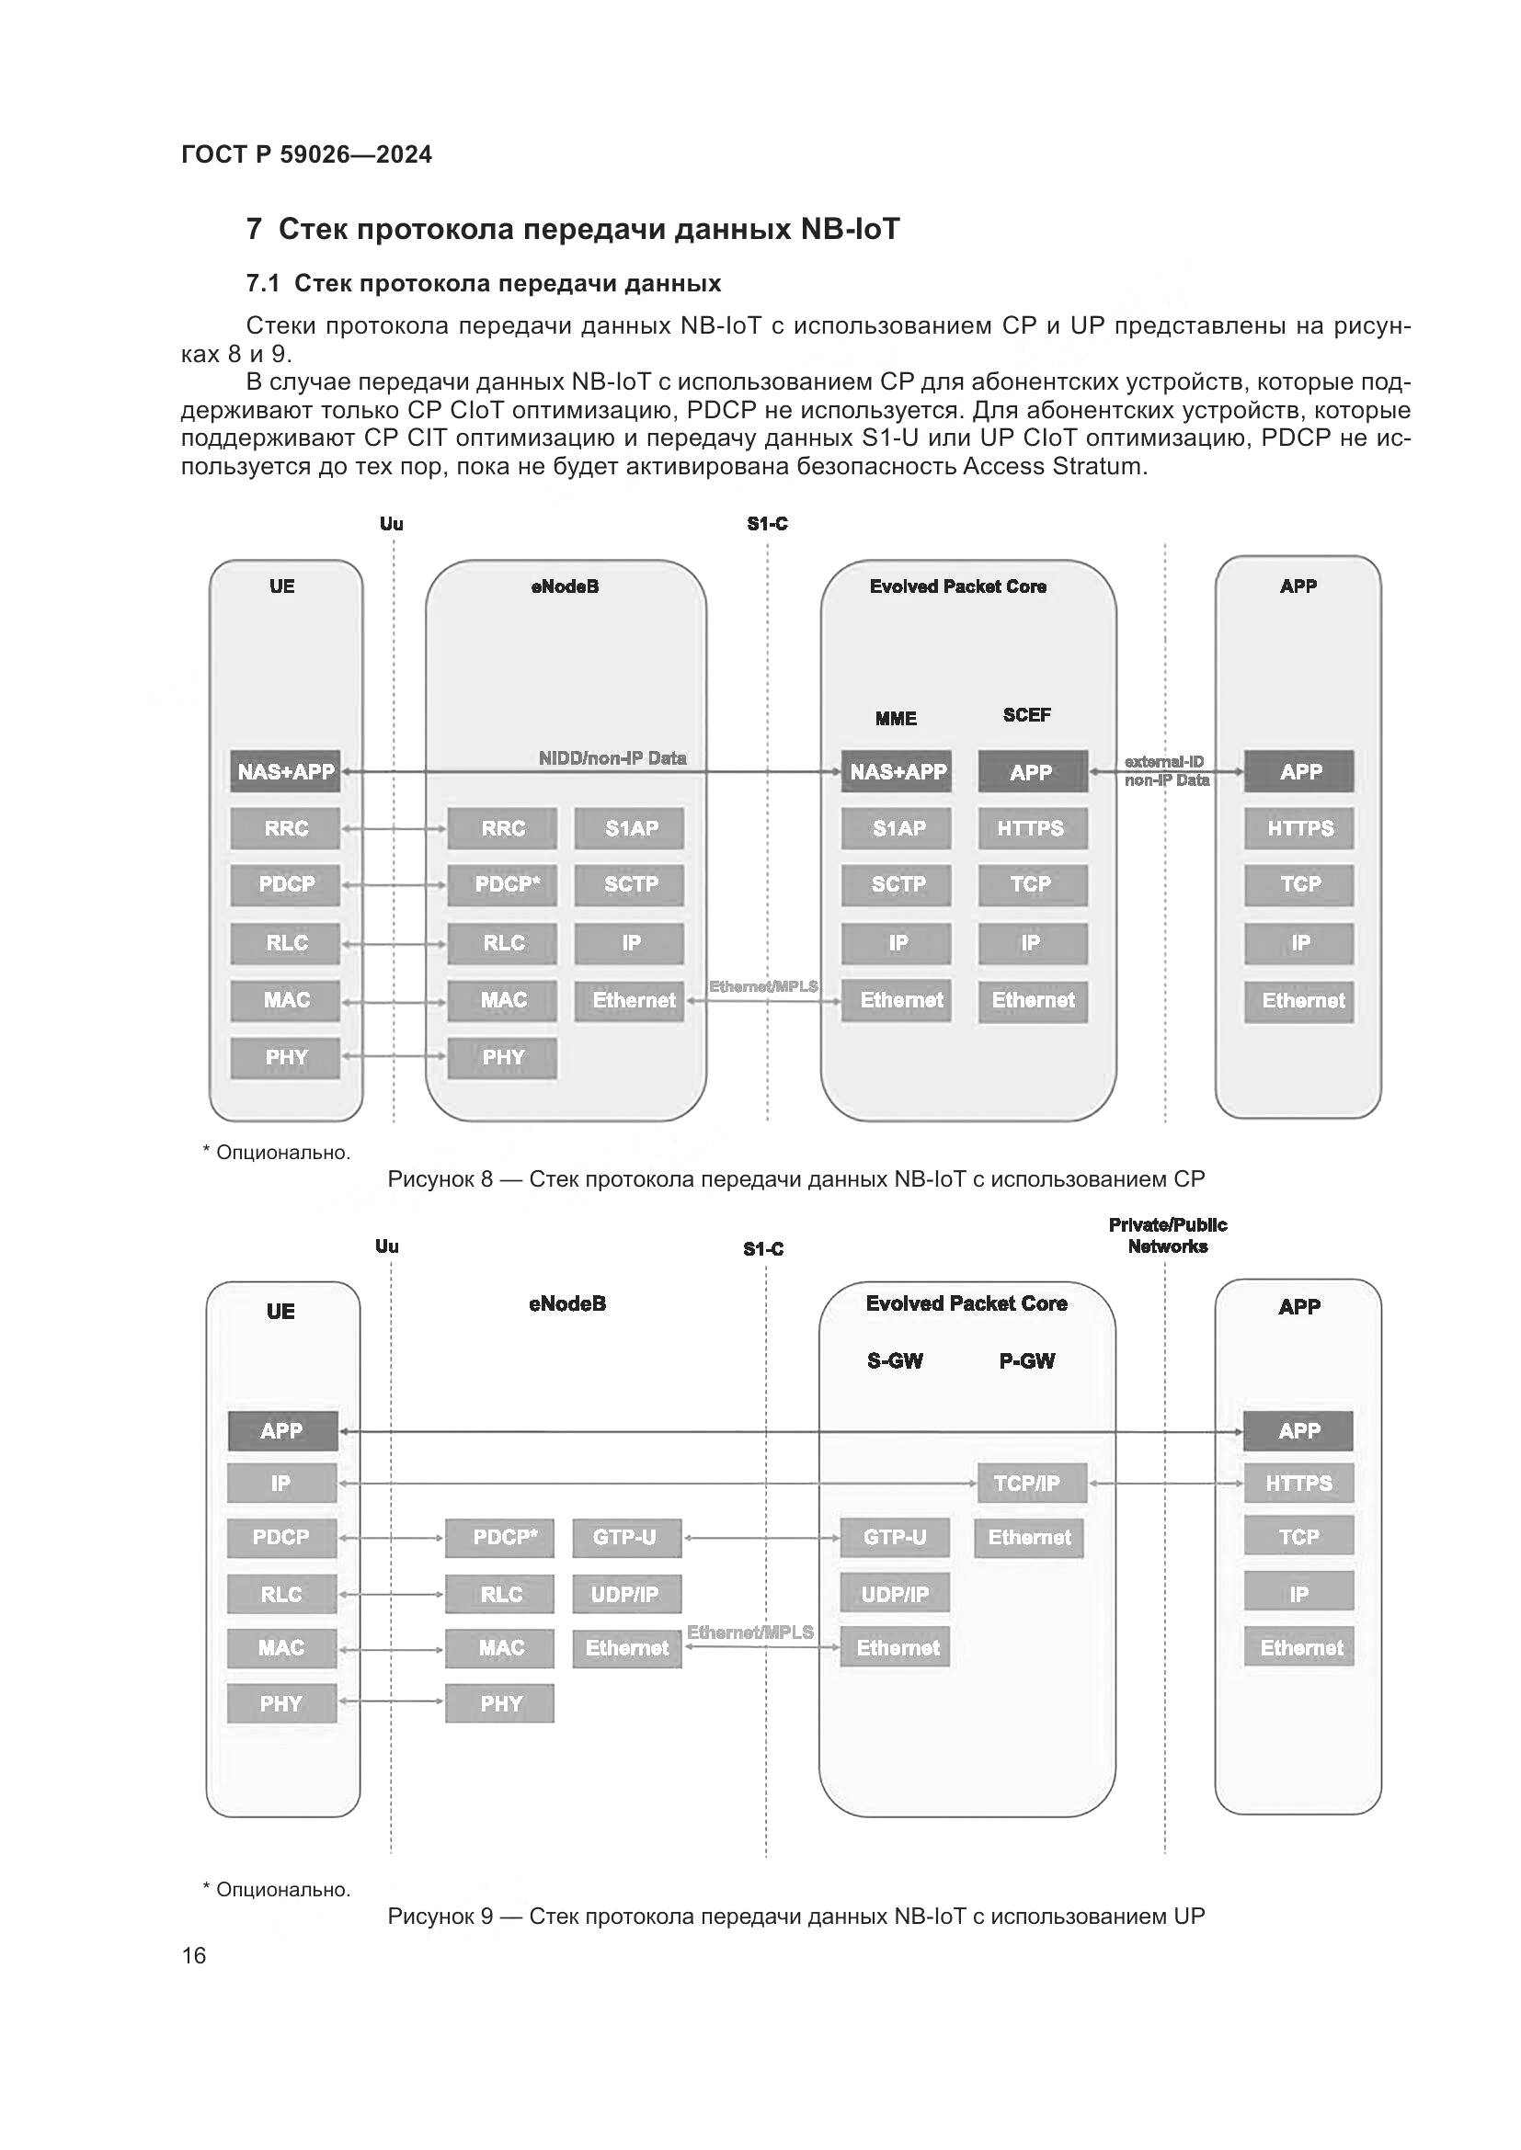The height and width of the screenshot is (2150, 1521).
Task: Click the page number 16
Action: tap(194, 1955)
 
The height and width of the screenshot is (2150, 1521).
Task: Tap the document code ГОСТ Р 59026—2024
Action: tap(306, 154)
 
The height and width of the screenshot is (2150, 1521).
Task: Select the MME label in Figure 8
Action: tap(896, 718)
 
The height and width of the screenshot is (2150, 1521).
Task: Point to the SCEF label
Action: tap(1026, 714)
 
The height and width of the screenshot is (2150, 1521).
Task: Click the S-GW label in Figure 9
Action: tap(895, 1360)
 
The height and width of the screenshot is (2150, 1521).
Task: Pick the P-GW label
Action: tap(1026, 1360)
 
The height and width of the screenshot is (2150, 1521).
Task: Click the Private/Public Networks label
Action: tap(1167, 1235)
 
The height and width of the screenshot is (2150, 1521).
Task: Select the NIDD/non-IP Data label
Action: tap(612, 757)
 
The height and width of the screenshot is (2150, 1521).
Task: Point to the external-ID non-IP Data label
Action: tap(1166, 770)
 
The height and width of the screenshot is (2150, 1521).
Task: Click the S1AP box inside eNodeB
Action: tap(629, 828)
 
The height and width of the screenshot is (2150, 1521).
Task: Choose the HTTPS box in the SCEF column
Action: tap(1031, 828)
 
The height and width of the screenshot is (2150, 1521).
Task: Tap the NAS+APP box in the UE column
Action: tap(286, 771)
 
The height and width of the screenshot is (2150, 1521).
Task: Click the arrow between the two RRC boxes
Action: tap(394, 829)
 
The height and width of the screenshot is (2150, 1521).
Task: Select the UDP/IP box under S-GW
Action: tap(895, 1594)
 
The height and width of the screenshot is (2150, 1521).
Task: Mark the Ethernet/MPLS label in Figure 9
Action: tap(750, 1632)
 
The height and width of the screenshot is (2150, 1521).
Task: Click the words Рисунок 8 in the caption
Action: tap(440, 1179)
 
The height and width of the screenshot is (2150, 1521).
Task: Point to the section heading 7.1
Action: tap(484, 284)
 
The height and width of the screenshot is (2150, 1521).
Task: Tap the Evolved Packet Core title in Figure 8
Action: tap(957, 586)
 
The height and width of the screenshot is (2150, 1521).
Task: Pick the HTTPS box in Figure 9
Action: tap(1298, 1483)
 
